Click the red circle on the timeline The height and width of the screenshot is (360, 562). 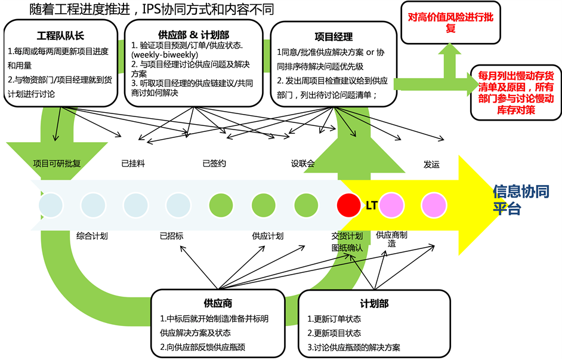(348, 205)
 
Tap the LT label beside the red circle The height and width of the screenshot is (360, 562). (371, 205)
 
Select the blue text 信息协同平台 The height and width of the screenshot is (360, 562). (521, 200)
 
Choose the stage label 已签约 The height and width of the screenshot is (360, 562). (214, 164)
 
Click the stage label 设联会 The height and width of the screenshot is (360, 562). (302, 164)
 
